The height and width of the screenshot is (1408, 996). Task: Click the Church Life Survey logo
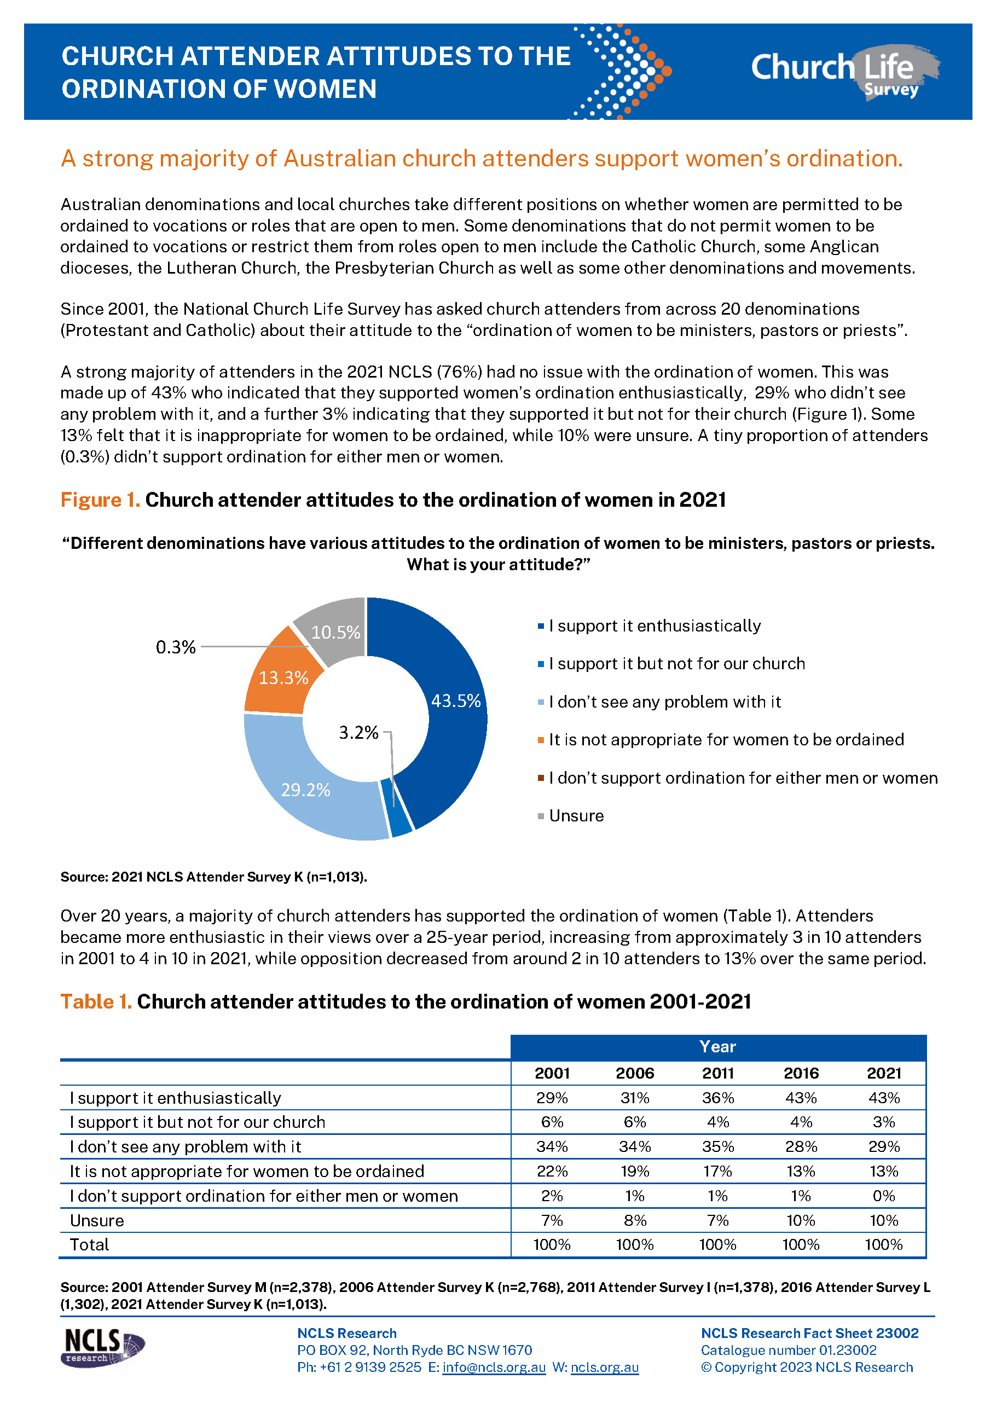coord(844,72)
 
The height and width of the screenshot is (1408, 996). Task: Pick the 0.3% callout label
coord(176,647)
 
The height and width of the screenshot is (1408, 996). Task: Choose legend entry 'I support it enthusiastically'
coord(655,626)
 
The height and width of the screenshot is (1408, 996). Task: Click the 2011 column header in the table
coord(717,1073)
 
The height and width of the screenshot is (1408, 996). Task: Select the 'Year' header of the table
coord(717,1047)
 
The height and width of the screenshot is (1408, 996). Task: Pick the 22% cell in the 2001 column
coord(552,1171)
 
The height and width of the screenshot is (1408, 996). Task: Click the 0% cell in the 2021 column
coord(884,1196)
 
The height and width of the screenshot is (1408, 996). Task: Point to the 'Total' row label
coord(90,1245)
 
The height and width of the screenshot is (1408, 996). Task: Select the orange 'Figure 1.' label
coord(100,500)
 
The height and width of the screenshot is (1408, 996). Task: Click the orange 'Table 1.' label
coord(96,1002)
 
